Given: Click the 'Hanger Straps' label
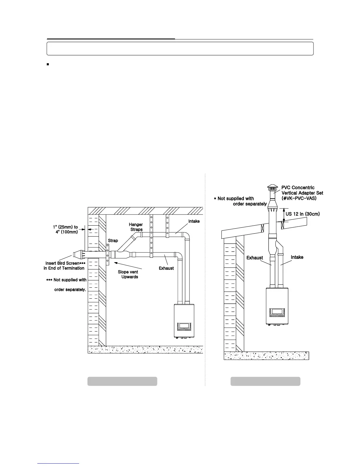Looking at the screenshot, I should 136,227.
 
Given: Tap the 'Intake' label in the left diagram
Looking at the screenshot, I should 194,221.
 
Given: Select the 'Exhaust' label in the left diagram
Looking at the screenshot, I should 166,268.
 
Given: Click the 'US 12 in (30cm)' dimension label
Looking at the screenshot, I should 302,214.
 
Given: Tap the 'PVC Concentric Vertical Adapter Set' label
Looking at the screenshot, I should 302,193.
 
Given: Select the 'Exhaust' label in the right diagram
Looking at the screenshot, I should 255,258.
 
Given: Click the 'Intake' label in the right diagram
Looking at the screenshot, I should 297,257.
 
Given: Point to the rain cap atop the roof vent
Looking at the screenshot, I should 272,188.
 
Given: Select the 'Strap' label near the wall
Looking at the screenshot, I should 113,240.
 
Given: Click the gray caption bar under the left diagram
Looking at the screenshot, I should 122,381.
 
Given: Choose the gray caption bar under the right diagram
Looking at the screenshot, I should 265,381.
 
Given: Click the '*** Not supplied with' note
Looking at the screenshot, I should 66,280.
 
